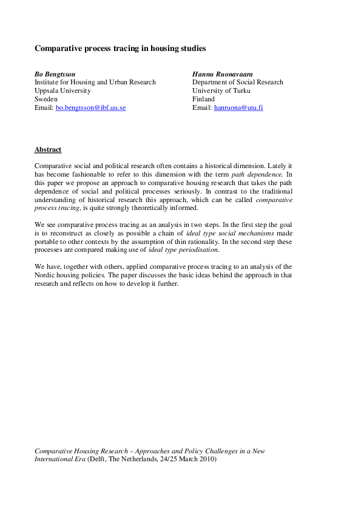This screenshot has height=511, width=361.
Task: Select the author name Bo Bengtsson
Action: pyautogui.click(x=55, y=73)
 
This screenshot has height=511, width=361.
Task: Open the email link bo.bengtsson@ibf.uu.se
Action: pyautogui.click(x=90, y=107)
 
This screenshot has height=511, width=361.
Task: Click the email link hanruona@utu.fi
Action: pyautogui.click(x=238, y=107)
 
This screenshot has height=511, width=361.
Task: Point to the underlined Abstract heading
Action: pyautogui.click(x=48, y=149)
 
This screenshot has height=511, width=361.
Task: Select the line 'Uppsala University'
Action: pyautogui.click(x=62, y=90)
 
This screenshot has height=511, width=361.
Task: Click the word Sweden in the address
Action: pyautogui.click(x=46, y=99)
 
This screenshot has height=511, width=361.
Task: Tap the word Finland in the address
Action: pyautogui.click(x=203, y=99)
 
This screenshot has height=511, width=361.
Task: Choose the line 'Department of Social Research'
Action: pyautogui.click(x=237, y=82)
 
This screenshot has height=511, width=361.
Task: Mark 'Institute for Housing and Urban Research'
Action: pyautogui.click(x=95, y=82)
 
